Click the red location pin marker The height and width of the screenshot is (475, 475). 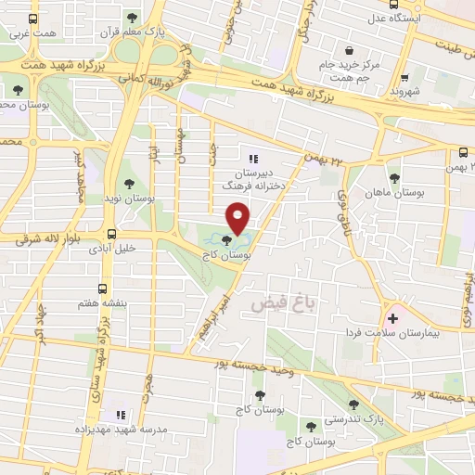pyautogui.click(x=238, y=216)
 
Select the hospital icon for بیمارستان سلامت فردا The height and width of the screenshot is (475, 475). pyautogui.click(x=393, y=318)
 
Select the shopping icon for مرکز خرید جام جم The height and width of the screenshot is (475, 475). pyautogui.click(x=349, y=51)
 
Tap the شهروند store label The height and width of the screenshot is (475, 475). pyautogui.click(x=405, y=92)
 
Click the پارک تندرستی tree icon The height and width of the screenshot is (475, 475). pyautogui.click(x=353, y=404)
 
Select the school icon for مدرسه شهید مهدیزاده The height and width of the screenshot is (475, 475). pyautogui.click(x=119, y=415)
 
